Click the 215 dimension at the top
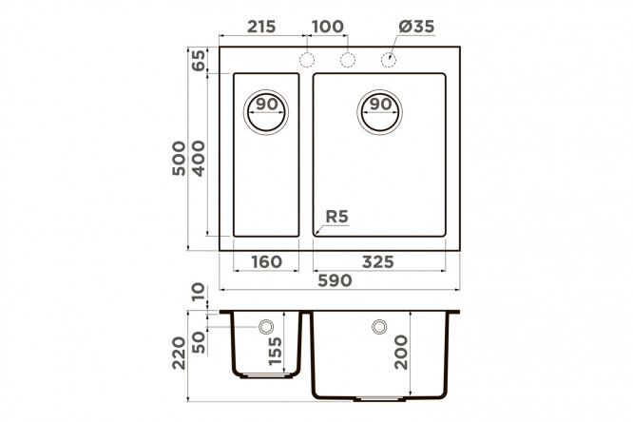261,27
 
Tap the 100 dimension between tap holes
328,27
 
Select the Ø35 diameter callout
416,27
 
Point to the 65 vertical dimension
198,60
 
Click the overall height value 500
179,159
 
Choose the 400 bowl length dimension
199,159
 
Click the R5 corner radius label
336,217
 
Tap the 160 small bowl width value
266,262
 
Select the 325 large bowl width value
378,262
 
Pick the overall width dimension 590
336,280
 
